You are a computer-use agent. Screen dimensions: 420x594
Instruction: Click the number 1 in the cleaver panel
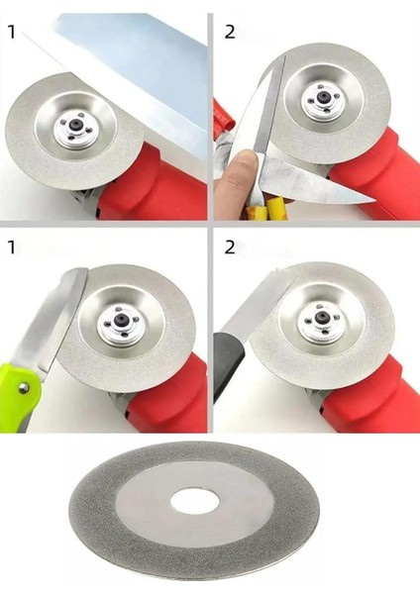tap(12, 32)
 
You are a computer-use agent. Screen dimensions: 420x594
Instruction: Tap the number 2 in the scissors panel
tap(230, 32)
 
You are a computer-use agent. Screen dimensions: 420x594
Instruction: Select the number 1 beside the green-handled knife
tap(12, 247)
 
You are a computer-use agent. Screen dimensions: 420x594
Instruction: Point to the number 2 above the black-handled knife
tap(230, 247)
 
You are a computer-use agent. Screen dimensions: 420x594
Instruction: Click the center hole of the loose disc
tap(194, 501)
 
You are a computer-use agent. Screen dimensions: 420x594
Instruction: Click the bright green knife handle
tap(19, 394)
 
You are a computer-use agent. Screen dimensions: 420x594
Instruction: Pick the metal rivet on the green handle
tap(24, 387)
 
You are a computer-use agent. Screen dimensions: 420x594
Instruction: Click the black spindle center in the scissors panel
tap(323, 96)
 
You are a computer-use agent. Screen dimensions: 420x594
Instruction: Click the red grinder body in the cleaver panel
tap(152, 186)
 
